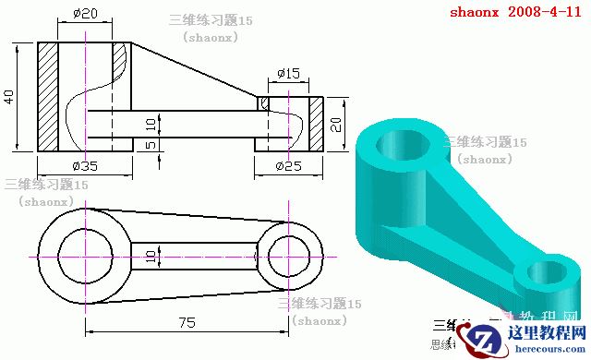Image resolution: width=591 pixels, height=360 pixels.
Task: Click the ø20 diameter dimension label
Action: click(84, 14)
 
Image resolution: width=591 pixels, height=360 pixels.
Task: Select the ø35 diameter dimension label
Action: click(84, 166)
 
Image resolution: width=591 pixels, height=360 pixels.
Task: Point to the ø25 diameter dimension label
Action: click(288, 166)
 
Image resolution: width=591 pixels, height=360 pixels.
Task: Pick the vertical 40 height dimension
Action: click(9, 97)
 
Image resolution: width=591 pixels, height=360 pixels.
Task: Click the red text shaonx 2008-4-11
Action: click(516, 13)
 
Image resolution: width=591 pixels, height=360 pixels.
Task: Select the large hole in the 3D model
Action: click(402, 144)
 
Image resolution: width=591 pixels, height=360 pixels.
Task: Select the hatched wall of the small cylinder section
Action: click(315, 125)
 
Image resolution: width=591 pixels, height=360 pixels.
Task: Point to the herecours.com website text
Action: click(545, 351)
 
